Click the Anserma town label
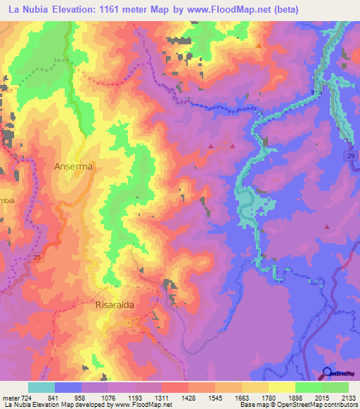point(74,167)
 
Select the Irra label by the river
point(316,92)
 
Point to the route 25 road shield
point(36,258)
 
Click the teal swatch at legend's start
point(41,387)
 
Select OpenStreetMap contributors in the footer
point(319,405)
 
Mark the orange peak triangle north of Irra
point(259,46)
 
